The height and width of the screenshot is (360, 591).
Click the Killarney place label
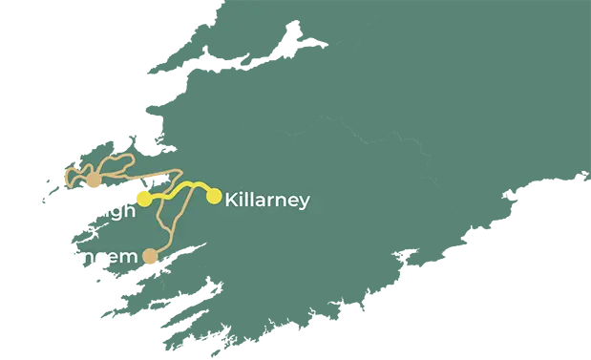266,201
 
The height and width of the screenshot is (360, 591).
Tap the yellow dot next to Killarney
214,197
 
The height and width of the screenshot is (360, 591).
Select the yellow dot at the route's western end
143,199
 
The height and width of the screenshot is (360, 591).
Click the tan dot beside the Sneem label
150,256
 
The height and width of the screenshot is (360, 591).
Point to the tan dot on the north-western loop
93,180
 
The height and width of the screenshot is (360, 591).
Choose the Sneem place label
101,257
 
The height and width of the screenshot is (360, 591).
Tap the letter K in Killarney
231,201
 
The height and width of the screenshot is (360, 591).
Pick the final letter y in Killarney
304,202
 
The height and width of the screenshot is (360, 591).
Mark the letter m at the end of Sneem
128,258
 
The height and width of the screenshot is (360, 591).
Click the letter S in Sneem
76,257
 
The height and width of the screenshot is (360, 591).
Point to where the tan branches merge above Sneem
171,229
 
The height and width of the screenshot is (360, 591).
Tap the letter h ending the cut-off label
128,210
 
